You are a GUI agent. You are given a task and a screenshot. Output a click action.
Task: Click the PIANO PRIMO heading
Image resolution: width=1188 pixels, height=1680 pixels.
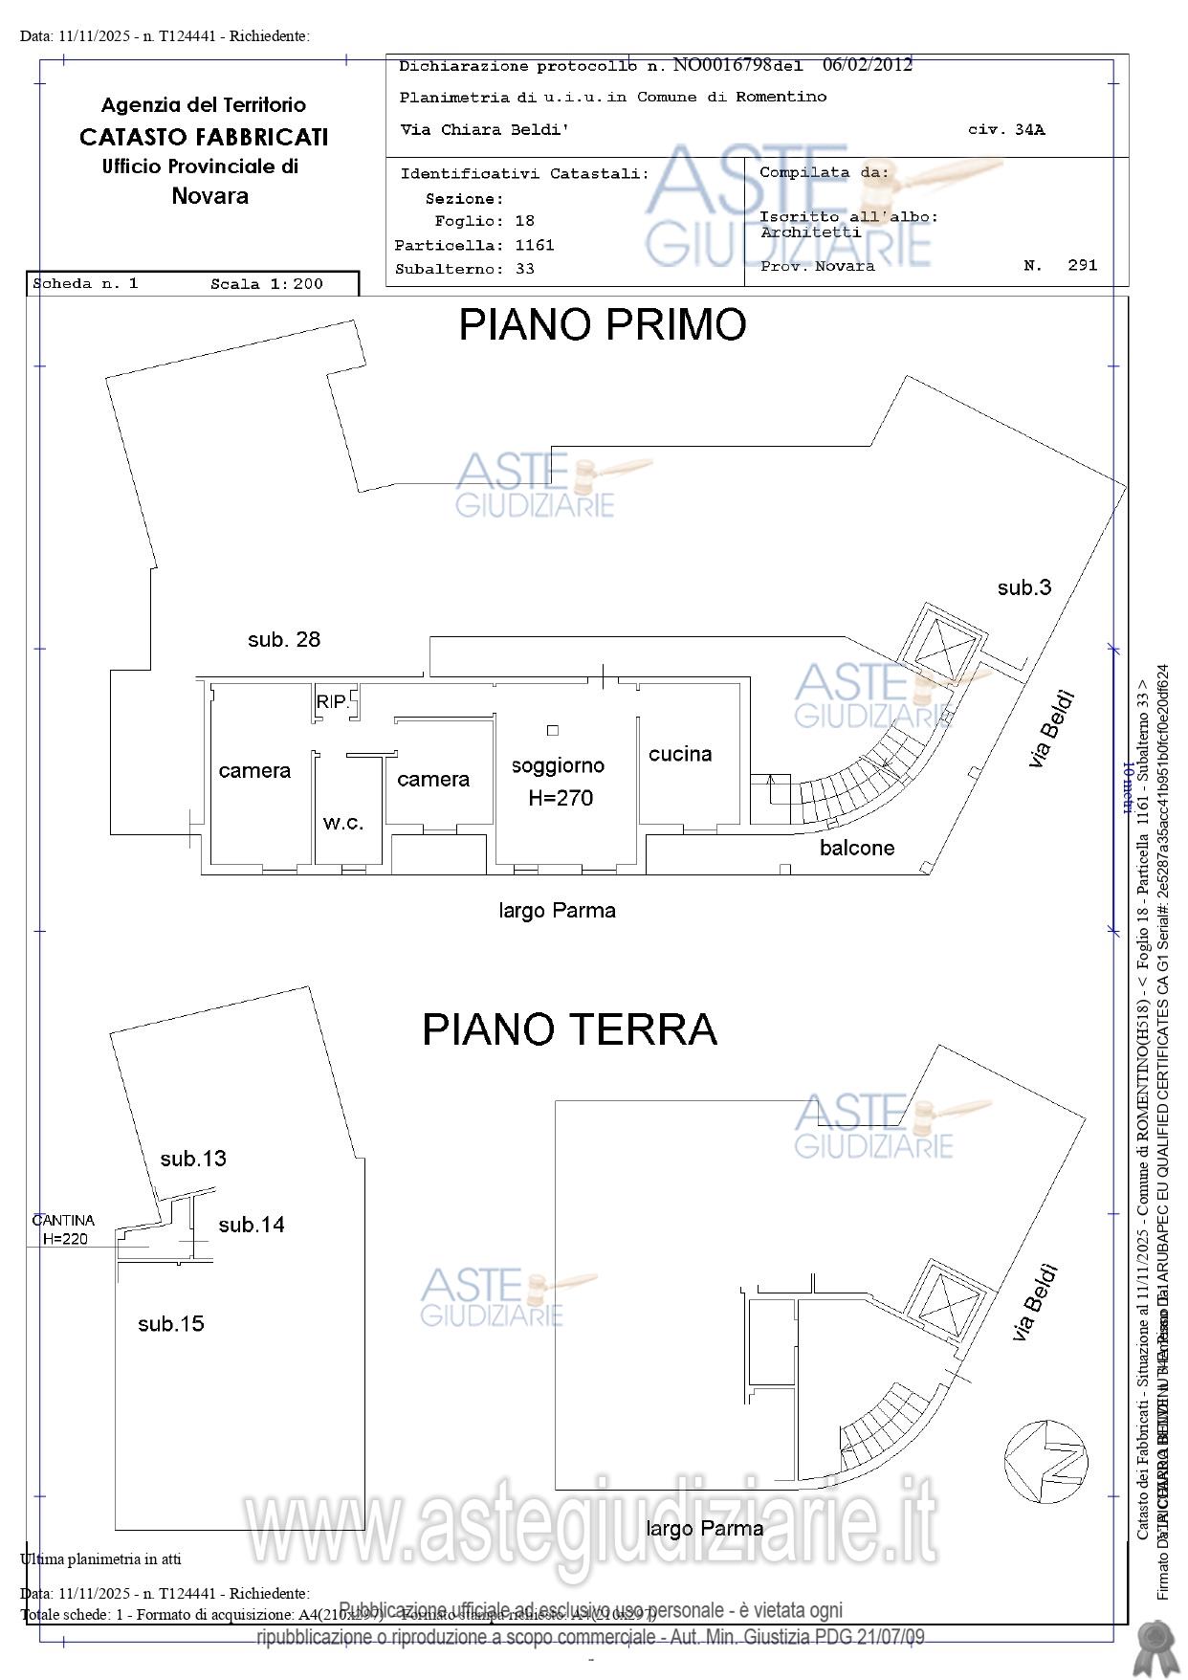coord(602,325)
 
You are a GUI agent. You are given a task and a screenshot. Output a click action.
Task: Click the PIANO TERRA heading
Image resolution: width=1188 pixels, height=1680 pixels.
coord(569,1029)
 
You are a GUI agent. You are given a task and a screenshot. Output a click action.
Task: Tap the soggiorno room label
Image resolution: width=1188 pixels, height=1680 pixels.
coord(558,765)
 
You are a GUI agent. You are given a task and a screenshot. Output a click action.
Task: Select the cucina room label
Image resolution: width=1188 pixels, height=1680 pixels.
coord(680,754)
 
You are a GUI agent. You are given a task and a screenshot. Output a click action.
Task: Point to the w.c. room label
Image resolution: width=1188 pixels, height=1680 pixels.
coord(342,822)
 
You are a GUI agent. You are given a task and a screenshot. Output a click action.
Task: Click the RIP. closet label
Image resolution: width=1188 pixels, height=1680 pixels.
coord(332,701)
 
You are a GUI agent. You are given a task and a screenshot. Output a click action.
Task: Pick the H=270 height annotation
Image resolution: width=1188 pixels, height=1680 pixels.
coord(561,798)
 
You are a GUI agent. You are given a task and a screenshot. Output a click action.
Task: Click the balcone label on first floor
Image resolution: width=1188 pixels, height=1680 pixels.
coord(857,848)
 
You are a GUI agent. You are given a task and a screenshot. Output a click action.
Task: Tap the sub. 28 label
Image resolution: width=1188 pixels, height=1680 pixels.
coord(283,639)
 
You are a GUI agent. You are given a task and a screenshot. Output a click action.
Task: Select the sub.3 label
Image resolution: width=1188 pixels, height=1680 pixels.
coord(1023,587)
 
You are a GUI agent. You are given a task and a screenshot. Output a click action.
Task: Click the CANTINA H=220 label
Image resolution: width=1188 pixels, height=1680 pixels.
coord(64,1229)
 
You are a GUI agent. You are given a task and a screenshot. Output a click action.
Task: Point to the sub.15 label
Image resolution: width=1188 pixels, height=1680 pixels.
coord(171,1324)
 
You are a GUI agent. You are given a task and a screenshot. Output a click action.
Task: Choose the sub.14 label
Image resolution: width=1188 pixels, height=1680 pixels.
coord(251,1225)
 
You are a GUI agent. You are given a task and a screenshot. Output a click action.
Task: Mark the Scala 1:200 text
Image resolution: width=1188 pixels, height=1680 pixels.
coord(267,284)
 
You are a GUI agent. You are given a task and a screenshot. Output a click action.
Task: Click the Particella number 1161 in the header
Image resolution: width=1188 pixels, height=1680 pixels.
coord(534,245)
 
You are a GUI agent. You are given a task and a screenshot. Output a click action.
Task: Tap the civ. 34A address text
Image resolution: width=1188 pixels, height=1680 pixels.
coord(1006,130)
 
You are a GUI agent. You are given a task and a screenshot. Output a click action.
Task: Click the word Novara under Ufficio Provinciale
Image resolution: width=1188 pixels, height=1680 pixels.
coord(209,196)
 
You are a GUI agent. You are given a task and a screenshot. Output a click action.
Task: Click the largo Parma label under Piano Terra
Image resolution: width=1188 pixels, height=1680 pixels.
coord(704,1528)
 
